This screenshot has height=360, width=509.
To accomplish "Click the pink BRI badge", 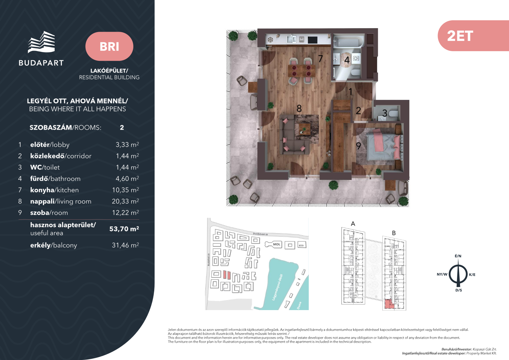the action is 109,46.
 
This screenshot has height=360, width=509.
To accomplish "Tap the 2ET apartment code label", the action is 460,36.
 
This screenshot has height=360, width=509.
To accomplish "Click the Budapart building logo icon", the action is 41,42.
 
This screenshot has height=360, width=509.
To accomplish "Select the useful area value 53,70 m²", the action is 124,229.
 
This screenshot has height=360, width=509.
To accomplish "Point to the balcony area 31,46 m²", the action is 125,245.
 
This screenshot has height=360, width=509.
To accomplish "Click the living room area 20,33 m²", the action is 125,201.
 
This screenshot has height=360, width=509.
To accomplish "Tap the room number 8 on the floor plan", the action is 299,108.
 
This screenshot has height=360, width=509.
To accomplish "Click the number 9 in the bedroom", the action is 358,146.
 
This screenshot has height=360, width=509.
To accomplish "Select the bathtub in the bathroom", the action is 348,42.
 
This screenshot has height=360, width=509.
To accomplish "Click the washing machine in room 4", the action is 356,59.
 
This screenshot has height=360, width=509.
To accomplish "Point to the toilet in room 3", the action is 393,113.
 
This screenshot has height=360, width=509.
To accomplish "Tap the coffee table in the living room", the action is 304,129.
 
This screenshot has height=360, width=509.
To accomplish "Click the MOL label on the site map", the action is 276,244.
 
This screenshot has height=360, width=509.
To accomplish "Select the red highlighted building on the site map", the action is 227,275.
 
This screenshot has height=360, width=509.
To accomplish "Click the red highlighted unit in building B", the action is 389,304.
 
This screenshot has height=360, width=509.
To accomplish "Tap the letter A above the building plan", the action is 353,224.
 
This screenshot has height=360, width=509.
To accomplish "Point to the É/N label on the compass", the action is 458,256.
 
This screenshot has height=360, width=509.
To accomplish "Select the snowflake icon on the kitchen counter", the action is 270,40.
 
